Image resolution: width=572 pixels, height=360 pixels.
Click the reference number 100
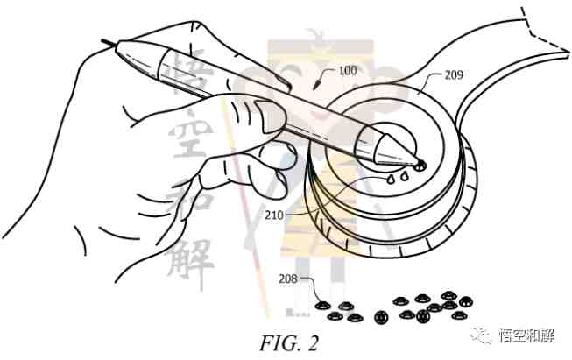[347, 70]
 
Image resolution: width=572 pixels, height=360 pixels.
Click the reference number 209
[454, 74]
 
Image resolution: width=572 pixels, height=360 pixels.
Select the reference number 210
[274, 215]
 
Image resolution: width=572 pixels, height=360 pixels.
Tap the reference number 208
[288, 279]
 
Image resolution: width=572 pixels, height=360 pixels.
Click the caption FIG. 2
[289, 343]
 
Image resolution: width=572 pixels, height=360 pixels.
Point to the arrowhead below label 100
[317, 85]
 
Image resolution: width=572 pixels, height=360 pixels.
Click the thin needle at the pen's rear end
[109, 43]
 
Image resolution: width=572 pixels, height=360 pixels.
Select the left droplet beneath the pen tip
[391, 179]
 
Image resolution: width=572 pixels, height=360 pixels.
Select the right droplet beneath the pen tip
[404, 177]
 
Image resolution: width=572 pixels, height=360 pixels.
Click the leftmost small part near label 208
[322, 306]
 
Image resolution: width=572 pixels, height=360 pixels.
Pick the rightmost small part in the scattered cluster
[466, 301]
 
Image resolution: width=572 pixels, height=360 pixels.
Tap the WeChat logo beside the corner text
[481, 335]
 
